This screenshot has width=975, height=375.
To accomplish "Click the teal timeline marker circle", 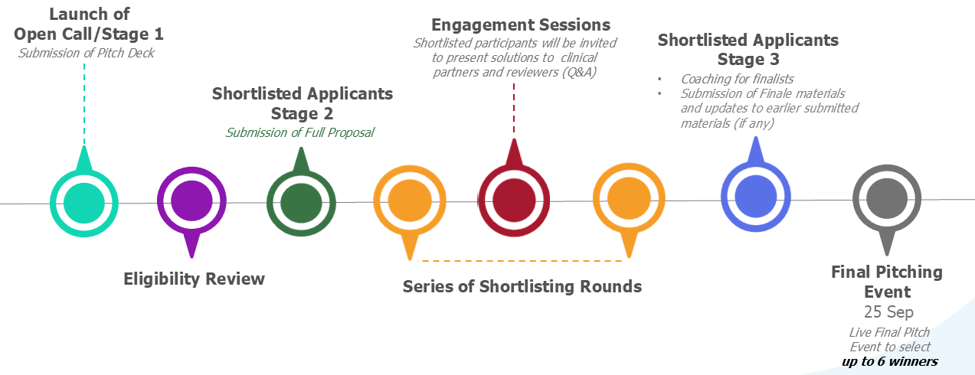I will pyautogui.click(x=84, y=202).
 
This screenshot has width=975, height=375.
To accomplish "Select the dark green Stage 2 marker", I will pyautogui.click(x=301, y=202).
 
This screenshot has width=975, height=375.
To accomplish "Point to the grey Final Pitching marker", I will pyautogui.click(x=888, y=199).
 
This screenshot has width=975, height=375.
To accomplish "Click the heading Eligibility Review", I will pyautogui.click(x=194, y=279).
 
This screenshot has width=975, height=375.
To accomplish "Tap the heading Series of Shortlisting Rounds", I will pyautogui.click(x=522, y=287).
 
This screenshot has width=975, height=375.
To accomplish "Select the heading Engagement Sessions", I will pyautogui.click(x=521, y=25).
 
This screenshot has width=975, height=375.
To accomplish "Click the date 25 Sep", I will pyautogui.click(x=887, y=312).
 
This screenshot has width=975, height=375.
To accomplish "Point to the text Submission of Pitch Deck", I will pyautogui.click(x=87, y=52).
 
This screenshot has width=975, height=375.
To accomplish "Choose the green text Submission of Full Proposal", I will pyautogui.click(x=299, y=132).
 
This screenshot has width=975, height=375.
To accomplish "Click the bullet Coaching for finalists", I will pyautogui.click(x=737, y=79).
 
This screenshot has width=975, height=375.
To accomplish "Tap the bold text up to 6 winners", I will pyautogui.click(x=889, y=361).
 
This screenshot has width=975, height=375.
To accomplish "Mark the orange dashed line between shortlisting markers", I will pyautogui.click(x=521, y=262).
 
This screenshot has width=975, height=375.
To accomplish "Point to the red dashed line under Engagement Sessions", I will pyautogui.click(x=514, y=107).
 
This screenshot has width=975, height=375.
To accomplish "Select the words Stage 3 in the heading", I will pyautogui.click(x=748, y=60).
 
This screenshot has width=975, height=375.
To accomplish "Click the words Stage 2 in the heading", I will pyautogui.click(x=302, y=113).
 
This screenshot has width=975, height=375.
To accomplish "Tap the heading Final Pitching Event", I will pyautogui.click(x=887, y=282).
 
